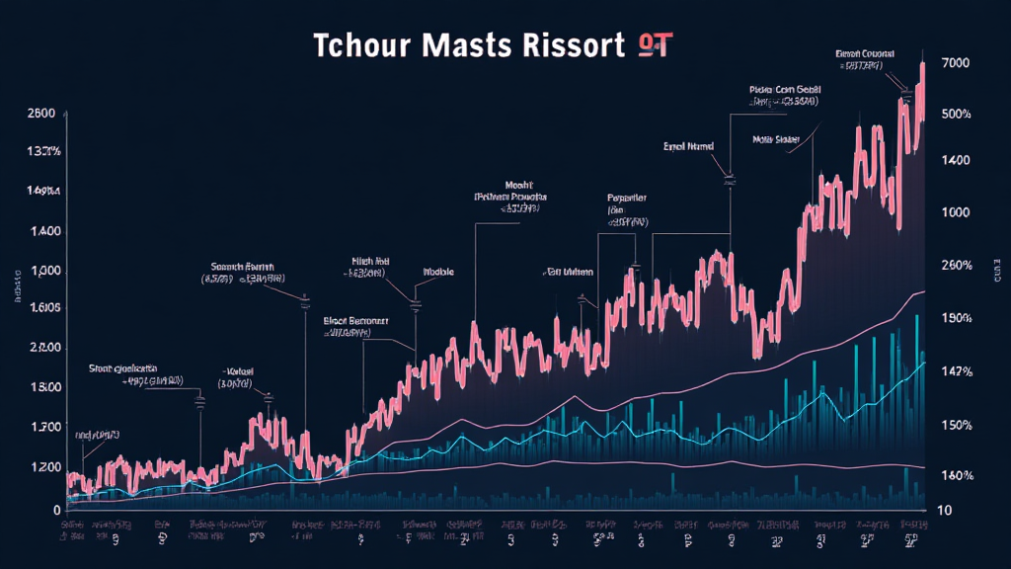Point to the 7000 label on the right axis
pos(956,63)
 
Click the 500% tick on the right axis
pos(956,115)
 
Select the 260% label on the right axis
pos(956,265)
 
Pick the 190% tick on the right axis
pos(956,318)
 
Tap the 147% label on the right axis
pos(956,371)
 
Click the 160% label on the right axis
pos(956,475)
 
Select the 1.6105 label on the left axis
pos(39,308)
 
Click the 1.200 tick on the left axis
pos(39,466)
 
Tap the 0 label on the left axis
pos(57,509)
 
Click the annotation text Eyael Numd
pos(689,145)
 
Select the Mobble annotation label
pos(437,270)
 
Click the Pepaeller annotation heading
pos(627,198)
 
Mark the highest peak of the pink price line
pos(922,64)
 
